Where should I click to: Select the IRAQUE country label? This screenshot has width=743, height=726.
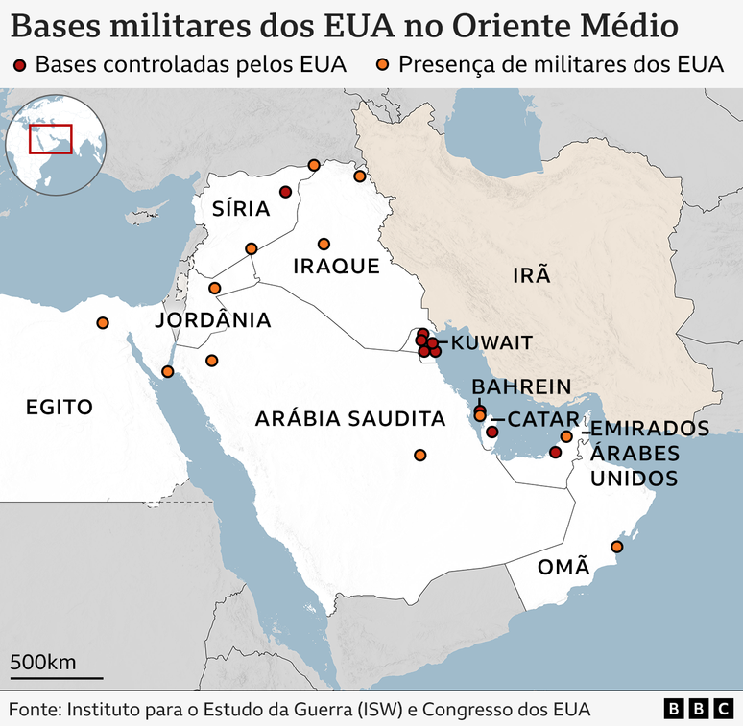pyautogui.click(x=336, y=266)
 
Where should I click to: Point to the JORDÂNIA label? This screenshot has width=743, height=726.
pyautogui.click(x=213, y=319)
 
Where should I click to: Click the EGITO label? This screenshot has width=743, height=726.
pyautogui.click(x=60, y=407)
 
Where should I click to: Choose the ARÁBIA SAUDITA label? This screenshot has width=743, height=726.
pyautogui.click(x=350, y=419)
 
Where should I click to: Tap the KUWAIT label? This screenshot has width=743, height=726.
pyautogui.click(x=491, y=342)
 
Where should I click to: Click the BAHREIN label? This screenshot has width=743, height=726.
pyautogui.click(x=521, y=386)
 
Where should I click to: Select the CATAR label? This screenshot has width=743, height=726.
pyautogui.click(x=542, y=419)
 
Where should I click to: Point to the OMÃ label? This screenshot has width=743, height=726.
pyautogui.click(x=563, y=566)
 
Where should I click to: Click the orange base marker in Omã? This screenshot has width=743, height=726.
pyautogui.click(x=617, y=547)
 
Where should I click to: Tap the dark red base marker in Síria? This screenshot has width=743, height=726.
pyautogui.click(x=285, y=192)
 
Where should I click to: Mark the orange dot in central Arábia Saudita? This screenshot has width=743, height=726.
pyautogui.click(x=419, y=455)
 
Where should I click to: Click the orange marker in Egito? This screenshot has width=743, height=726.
pyautogui.click(x=103, y=323)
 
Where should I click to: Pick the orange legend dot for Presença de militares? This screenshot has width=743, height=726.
pyautogui.click(x=382, y=65)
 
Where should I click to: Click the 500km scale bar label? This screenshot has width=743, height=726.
pyautogui.click(x=43, y=662)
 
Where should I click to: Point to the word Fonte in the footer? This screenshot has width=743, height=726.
pyautogui.click(x=34, y=709)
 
